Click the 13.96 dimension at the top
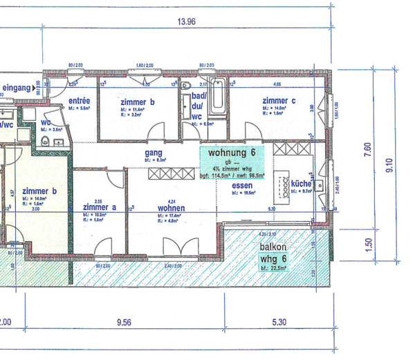point(187,21)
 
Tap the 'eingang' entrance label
point(17,88)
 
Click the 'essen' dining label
point(242,186)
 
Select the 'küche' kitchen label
point(302,184)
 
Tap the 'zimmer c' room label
point(279,101)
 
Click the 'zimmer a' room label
point(99,207)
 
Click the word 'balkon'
point(274,247)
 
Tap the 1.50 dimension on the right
point(368,243)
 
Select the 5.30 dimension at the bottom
point(280,322)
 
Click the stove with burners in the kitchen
point(284,184)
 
